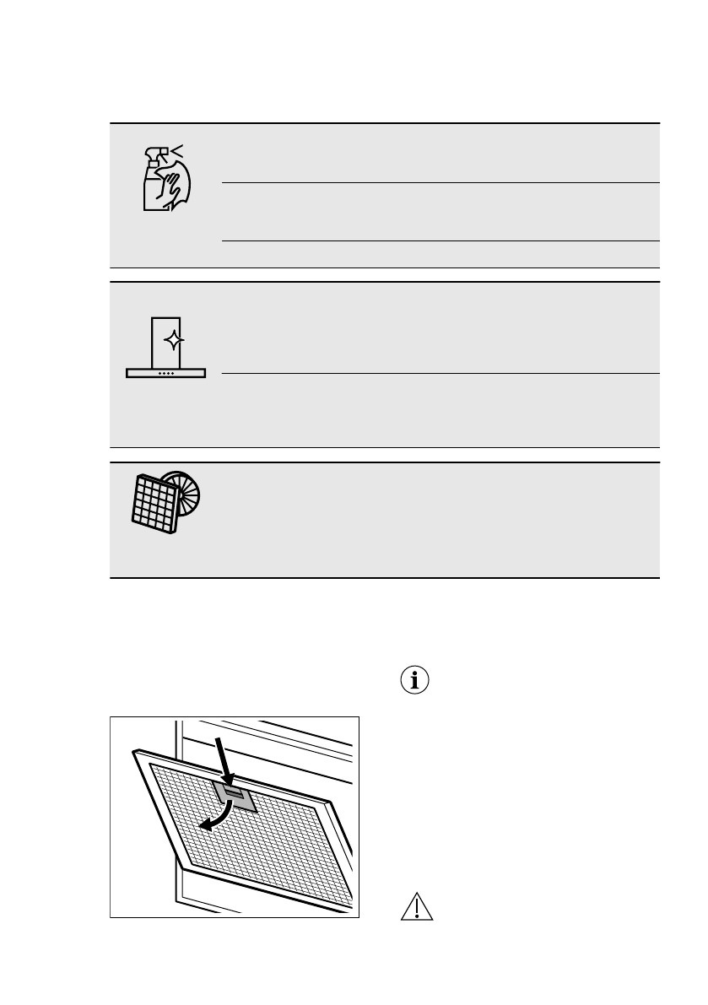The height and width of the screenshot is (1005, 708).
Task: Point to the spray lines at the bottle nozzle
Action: pos(177,151)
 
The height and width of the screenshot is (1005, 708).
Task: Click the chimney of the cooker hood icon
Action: pos(165,342)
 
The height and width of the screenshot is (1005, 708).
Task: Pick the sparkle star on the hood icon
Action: pos(174,341)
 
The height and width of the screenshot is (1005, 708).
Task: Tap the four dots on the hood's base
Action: pos(166,373)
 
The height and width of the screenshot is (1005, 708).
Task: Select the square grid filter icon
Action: pos(156,505)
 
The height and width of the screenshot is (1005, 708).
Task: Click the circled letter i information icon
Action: pos(413,681)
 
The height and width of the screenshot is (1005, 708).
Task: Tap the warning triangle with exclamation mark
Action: pos(416,908)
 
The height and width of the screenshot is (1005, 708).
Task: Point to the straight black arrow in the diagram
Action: pos(223,759)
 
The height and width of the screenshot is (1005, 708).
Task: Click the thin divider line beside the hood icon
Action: pos(439,373)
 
